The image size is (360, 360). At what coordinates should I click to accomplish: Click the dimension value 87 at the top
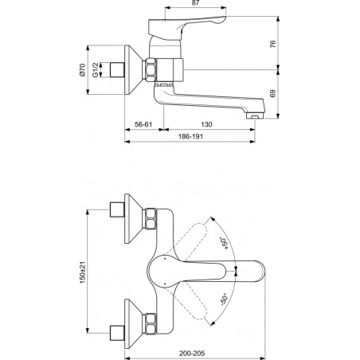click(195, 3)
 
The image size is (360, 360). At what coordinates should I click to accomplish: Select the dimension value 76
click(273, 44)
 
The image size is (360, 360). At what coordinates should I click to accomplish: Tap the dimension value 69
click(273, 94)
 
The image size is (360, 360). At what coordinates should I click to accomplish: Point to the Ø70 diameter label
click(82, 70)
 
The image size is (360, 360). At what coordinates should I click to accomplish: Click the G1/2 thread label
click(96, 70)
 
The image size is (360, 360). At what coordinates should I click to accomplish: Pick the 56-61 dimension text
click(143, 124)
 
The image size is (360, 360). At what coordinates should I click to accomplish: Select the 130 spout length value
click(206, 124)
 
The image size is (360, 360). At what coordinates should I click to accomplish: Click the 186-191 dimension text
click(190, 136)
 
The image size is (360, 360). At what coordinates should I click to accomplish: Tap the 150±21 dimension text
click(82, 272)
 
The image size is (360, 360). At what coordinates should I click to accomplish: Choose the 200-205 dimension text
click(192, 354)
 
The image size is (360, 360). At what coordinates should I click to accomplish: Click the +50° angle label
click(225, 243)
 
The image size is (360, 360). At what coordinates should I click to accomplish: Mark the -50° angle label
click(224, 299)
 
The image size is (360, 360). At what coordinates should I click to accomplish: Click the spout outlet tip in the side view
click(255, 116)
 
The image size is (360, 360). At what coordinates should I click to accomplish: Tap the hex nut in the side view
click(151, 70)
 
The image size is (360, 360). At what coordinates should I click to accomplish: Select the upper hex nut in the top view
click(151, 219)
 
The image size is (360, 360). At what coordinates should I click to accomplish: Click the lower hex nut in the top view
click(151, 323)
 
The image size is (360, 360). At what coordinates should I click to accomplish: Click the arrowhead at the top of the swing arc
click(212, 219)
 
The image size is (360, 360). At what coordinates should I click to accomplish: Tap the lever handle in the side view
click(186, 26)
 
